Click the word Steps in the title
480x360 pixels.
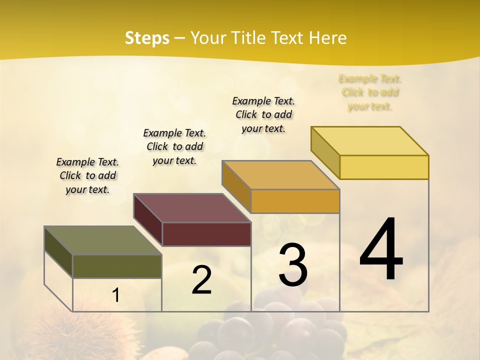[147, 38]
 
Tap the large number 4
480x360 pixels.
[381, 250]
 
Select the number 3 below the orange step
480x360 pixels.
[292, 265]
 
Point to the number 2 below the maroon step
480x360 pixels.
[201, 280]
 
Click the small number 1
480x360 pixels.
[116, 295]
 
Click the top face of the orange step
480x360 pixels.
[280, 175]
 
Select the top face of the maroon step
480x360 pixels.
[192, 208]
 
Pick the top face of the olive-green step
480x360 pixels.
[103, 240]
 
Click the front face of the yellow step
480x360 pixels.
[384, 167]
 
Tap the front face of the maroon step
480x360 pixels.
[206, 234]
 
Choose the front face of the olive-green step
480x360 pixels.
[117, 266]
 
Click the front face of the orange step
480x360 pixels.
[295, 201]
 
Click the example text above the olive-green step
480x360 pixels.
[87, 175]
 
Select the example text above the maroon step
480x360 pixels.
[174, 146]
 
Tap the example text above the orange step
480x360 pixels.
[263, 114]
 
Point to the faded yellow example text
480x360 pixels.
[370, 92]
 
